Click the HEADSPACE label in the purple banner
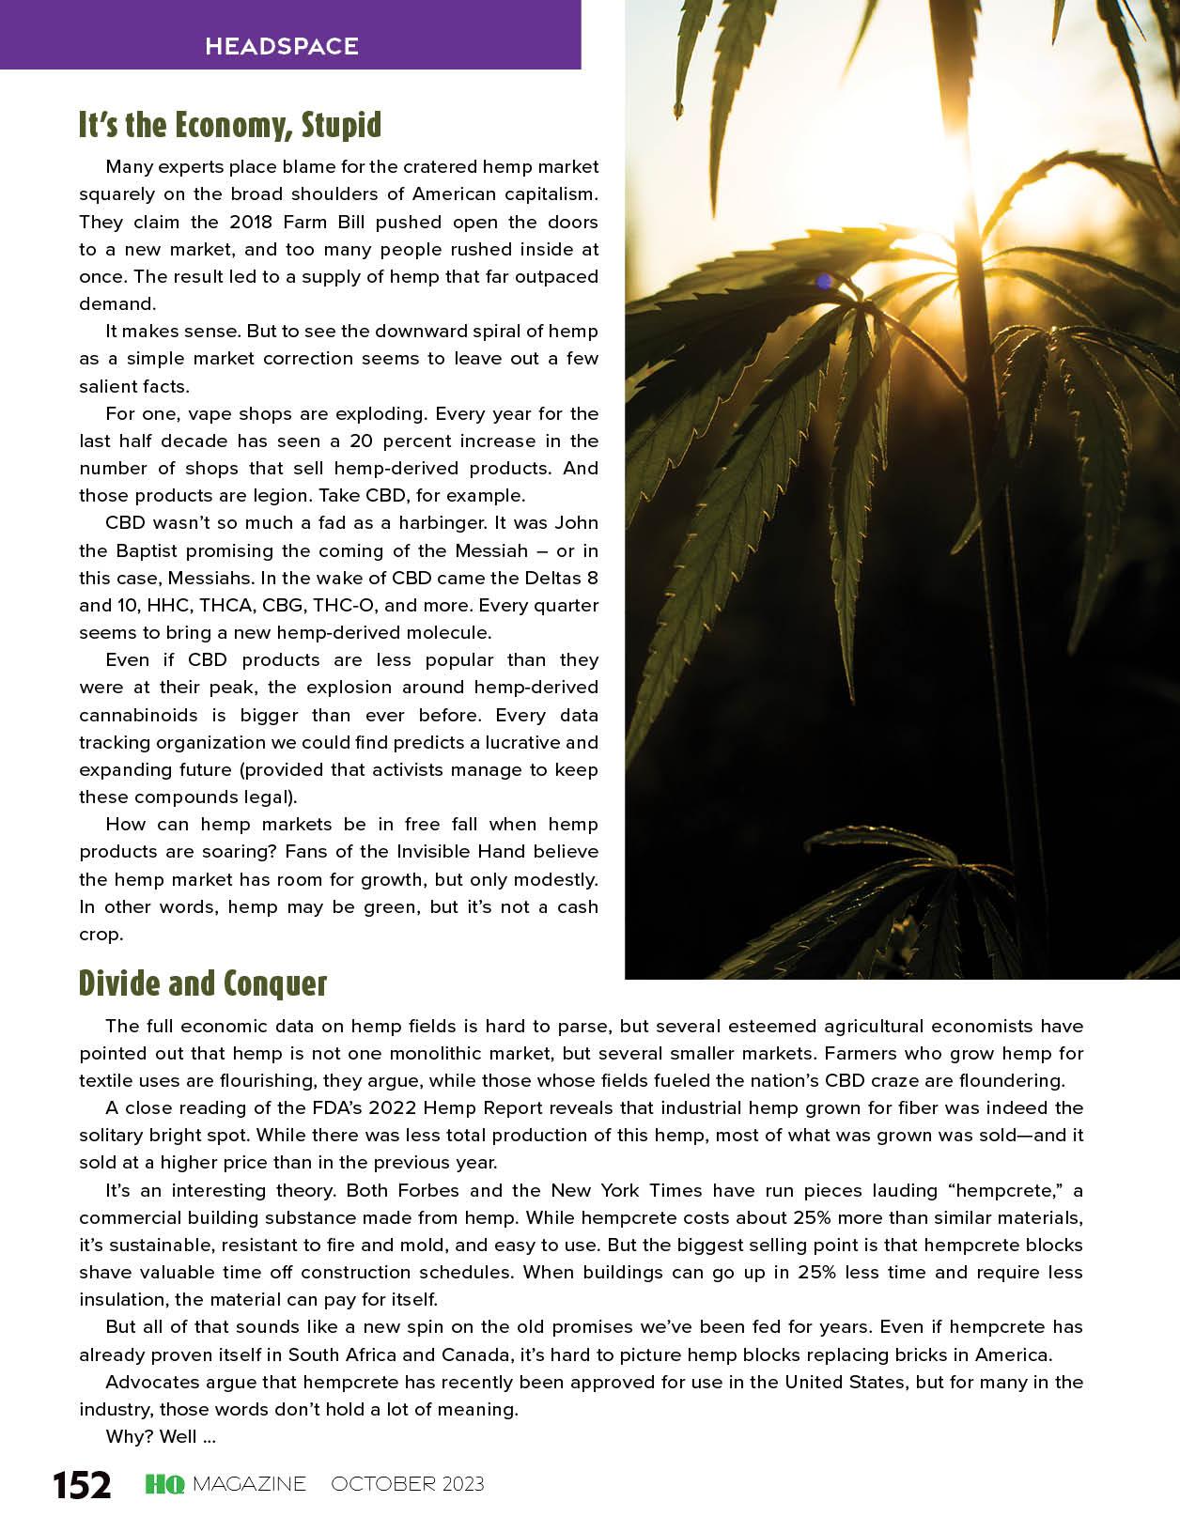pos(282,46)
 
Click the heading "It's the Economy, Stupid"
pos(230,125)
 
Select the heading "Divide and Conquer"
pos(203,983)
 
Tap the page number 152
pos(82,1485)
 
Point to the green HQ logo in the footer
pos(164,1484)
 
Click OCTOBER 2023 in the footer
pos(408,1484)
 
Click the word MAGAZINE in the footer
pos(249,1484)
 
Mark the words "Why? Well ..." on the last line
pos(161,1436)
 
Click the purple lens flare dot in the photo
pos(824,281)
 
